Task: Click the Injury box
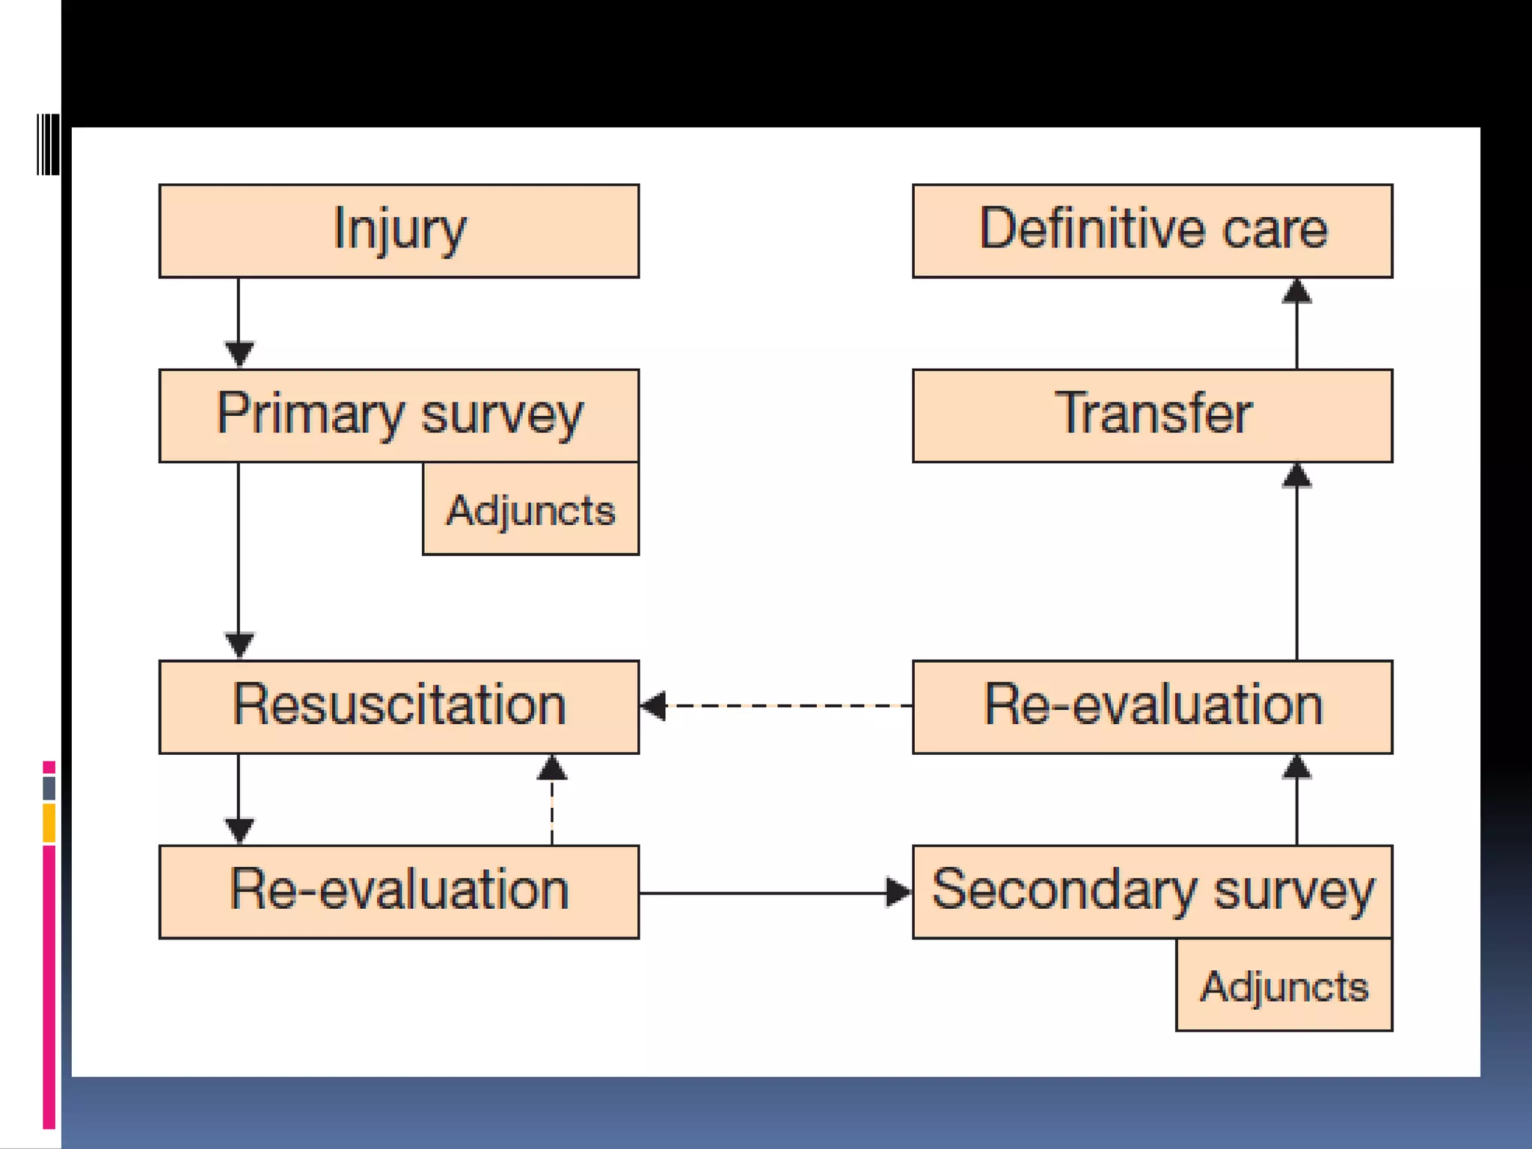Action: click(x=399, y=230)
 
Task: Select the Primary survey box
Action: click(x=399, y=415)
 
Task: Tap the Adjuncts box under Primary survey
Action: click(x=530, y=510)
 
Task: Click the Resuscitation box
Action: click(x=399, y=706)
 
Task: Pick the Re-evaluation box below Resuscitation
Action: click(x=399, y=891)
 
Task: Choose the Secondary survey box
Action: click(x=1152, y=891)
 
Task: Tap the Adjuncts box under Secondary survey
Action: click(x=1284, y=986)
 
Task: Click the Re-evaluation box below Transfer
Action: click(x=1152, y=706)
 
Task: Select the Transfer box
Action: click(x=1152, y=415)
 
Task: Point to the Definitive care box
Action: click(x=1152, y=230)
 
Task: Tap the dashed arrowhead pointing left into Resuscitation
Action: click(x=654, y=705)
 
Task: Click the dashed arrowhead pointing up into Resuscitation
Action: click(x=552, y=767)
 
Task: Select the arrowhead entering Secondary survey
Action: click(x=898, y=892)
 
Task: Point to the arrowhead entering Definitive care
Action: click(x=1296, y=291)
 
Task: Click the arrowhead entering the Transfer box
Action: click(x=1296, y=476)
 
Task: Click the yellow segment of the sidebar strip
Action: click(x=49, y=823)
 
